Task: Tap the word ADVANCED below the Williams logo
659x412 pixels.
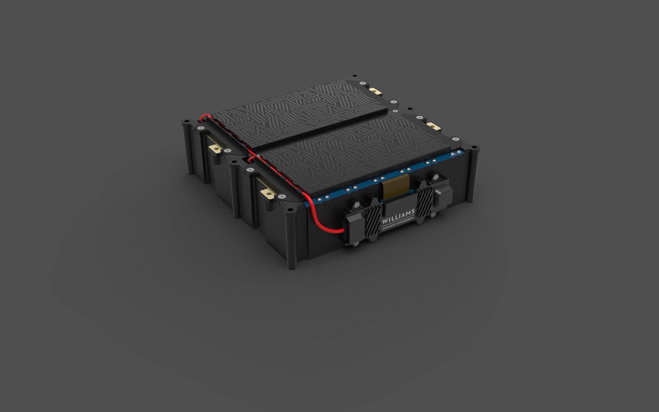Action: (390, 227)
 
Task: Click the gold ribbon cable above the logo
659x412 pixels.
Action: (396, 188)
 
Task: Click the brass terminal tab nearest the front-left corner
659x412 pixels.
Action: (268, 194)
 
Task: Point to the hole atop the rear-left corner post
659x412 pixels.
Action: (186, 122)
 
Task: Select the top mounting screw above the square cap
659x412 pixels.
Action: (436, 178)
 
